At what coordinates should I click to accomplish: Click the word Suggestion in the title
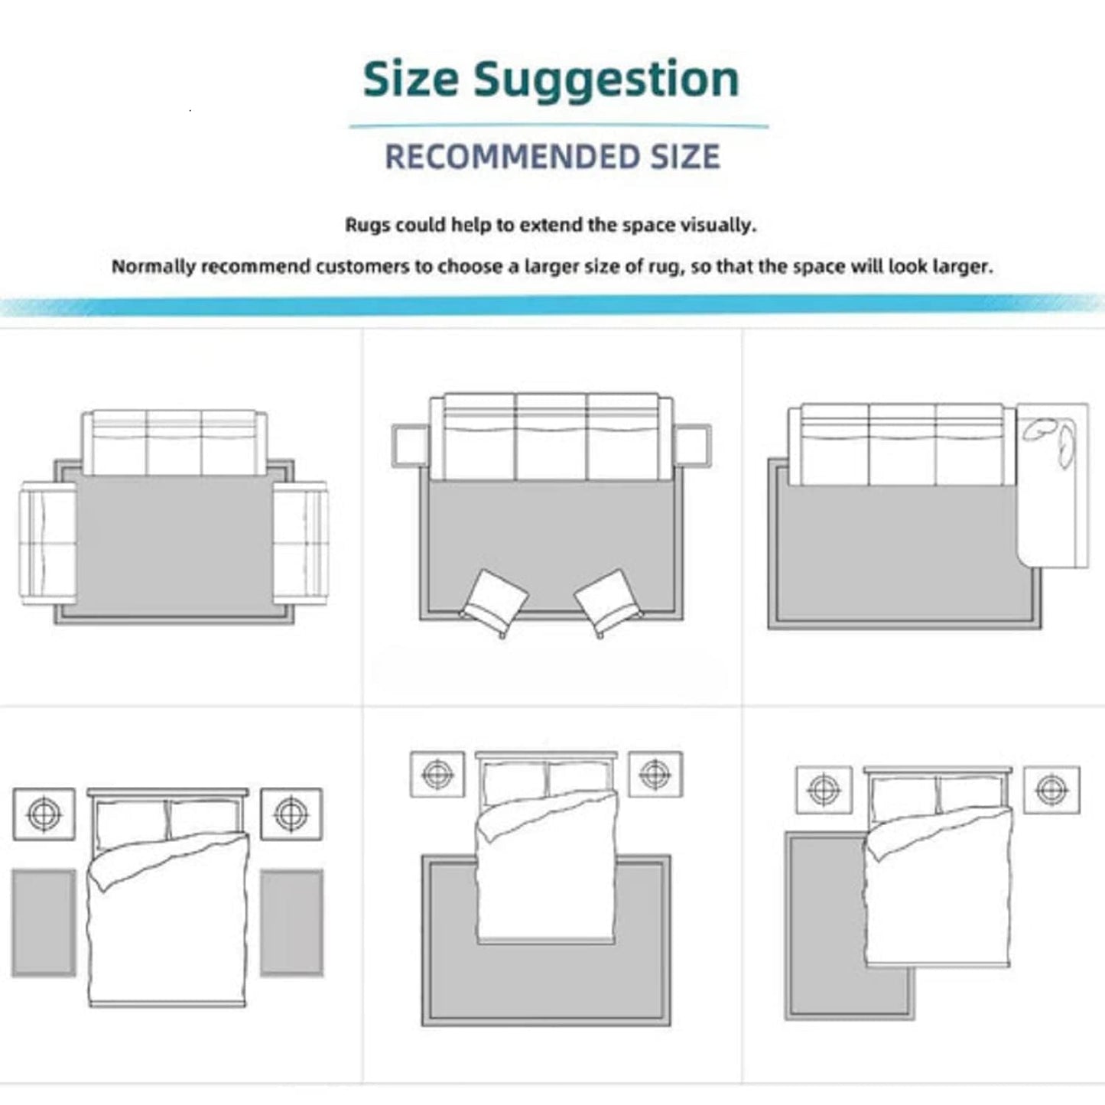tap(606, 81)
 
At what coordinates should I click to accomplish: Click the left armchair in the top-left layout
tap(48, 543)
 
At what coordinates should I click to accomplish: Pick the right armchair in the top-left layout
tap(300, 543)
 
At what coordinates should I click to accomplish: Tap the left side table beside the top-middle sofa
tap(410, 445)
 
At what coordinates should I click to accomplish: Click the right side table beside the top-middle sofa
tap(692, 445)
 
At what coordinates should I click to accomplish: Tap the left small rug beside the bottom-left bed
tap(44, 923)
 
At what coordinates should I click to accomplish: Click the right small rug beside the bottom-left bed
tap(291, 923)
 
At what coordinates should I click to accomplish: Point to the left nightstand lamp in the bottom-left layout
tap(44, 814)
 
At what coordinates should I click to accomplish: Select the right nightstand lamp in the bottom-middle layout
tap(655, 775)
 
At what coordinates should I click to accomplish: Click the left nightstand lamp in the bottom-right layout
tap(824, 790)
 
